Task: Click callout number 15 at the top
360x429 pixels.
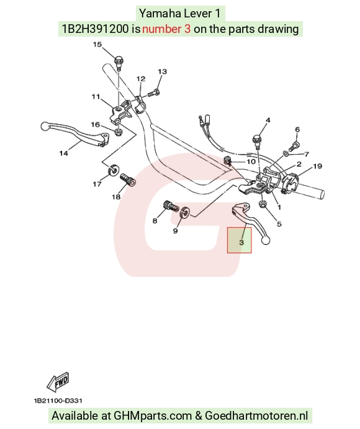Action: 97,44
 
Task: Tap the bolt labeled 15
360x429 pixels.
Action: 119,63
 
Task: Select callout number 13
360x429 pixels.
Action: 162,71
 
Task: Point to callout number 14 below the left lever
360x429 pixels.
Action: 63,153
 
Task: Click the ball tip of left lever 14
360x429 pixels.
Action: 44,126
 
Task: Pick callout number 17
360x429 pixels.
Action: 97,184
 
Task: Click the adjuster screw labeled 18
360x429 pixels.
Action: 128,180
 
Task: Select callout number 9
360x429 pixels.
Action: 176,231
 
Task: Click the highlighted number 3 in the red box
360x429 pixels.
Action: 241,242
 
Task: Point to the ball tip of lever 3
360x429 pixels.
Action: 266,240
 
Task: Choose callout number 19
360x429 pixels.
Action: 317,166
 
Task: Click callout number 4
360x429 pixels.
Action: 268,120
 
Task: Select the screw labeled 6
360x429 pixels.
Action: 295,146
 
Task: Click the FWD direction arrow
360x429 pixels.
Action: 58,382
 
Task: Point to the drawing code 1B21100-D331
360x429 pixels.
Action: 58,401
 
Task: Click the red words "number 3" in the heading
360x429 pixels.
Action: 166,29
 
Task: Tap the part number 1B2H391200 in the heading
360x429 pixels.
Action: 95,29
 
